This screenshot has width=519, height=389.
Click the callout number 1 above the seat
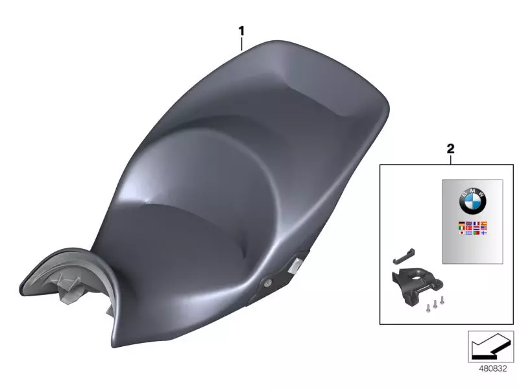pyautogui.click(x=241, y=30)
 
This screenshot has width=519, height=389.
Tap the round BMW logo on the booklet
pyautogui.click(x=472, y=202)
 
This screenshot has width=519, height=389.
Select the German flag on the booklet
pyautogui.click(x=462, y=224)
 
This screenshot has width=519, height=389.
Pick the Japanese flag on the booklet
pyautogui.click(x=462, y=233)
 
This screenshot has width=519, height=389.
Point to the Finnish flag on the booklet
pyautogui.click(x=483, y=233)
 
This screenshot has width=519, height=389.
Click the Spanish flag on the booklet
pyautogui.click(x=483, y=224)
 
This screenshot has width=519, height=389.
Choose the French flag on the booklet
pyautogui.click(x=476, y=224)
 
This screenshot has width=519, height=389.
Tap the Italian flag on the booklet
pyautogui.click(x=462, y=228)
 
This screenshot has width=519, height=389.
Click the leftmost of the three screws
pyautogui.click(x=428, y=308)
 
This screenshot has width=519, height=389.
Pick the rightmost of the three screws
pyautogui.click(x=442, y=300)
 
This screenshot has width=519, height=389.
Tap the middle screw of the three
pyautogui.click(x=435, y=304)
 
